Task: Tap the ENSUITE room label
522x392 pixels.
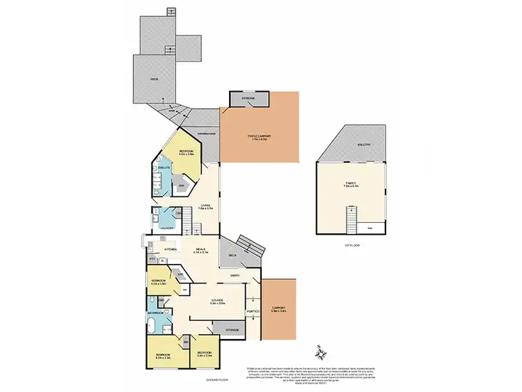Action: [165, 168]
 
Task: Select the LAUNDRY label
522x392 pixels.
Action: [166, 228]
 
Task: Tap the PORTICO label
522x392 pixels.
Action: [253, 311]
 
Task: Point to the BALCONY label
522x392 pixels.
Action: [365, 144]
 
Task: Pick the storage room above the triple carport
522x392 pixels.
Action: [248, 100]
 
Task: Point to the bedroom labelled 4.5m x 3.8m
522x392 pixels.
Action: [186, 152]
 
